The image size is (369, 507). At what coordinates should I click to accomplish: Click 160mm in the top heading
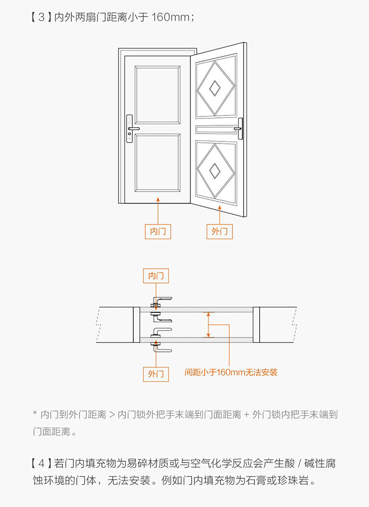click(170, 18)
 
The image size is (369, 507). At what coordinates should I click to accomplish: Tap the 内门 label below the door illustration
click(158, 231)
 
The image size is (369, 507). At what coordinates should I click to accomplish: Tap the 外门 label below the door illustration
click(219, 231)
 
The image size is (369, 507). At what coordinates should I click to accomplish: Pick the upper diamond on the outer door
click(215, 88)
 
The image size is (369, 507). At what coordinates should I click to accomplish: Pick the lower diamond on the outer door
click(215, 170)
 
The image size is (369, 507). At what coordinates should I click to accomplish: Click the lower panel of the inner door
click(158, 165)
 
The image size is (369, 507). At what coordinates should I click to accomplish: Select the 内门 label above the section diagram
click(156, 276)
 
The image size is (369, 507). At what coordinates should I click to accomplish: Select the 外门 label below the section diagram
click(156, 374)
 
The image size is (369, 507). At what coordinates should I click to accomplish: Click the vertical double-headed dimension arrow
click(209, 324)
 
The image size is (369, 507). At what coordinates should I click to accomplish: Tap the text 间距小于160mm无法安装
click(231, 372)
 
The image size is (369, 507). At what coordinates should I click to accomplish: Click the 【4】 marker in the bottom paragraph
click(41, 463)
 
